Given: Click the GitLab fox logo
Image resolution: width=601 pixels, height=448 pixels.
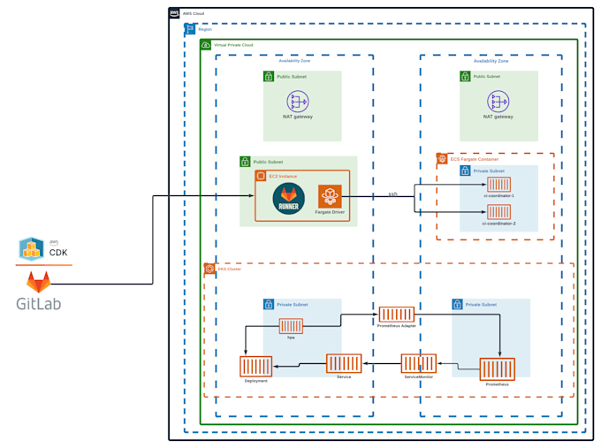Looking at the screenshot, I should point(38,282).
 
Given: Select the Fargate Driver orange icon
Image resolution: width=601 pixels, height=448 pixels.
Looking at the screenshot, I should point(330,197).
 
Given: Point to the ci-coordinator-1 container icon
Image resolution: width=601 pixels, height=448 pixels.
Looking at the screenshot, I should point(498,184).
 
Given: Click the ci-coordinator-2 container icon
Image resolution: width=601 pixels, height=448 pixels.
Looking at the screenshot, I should point(498,212).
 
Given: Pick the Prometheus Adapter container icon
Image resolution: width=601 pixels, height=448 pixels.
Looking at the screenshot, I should point(396,314).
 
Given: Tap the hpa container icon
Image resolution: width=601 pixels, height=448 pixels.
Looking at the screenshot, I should point(291,326).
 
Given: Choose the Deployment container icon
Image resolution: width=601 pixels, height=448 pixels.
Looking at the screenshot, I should point(255,366).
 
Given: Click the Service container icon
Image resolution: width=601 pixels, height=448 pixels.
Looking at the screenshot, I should point(344,363).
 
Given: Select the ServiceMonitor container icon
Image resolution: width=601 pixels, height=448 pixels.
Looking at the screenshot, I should point(418,363).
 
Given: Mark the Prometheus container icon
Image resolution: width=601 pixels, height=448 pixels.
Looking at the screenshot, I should point(497,368).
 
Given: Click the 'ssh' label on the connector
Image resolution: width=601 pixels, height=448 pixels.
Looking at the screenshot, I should point(392,194).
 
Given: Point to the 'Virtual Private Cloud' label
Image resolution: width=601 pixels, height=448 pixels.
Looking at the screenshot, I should point(233,44).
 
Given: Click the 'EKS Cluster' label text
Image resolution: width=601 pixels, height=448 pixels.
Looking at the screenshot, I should point(229,269).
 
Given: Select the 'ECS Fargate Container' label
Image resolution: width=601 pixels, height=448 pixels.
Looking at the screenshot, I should point(474,159).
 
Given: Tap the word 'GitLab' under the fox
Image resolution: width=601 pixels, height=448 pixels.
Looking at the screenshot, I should point(38,305).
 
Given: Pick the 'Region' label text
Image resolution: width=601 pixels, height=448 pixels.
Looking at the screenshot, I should point(205,29).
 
